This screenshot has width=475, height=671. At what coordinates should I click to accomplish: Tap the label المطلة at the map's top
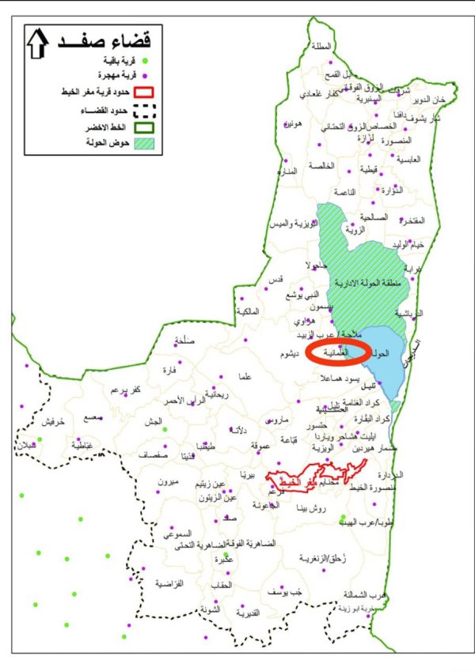tap(321, 46)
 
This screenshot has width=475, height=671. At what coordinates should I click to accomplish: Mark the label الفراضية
tap(169, 583)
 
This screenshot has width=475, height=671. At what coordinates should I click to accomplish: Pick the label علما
tap(245, 377)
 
